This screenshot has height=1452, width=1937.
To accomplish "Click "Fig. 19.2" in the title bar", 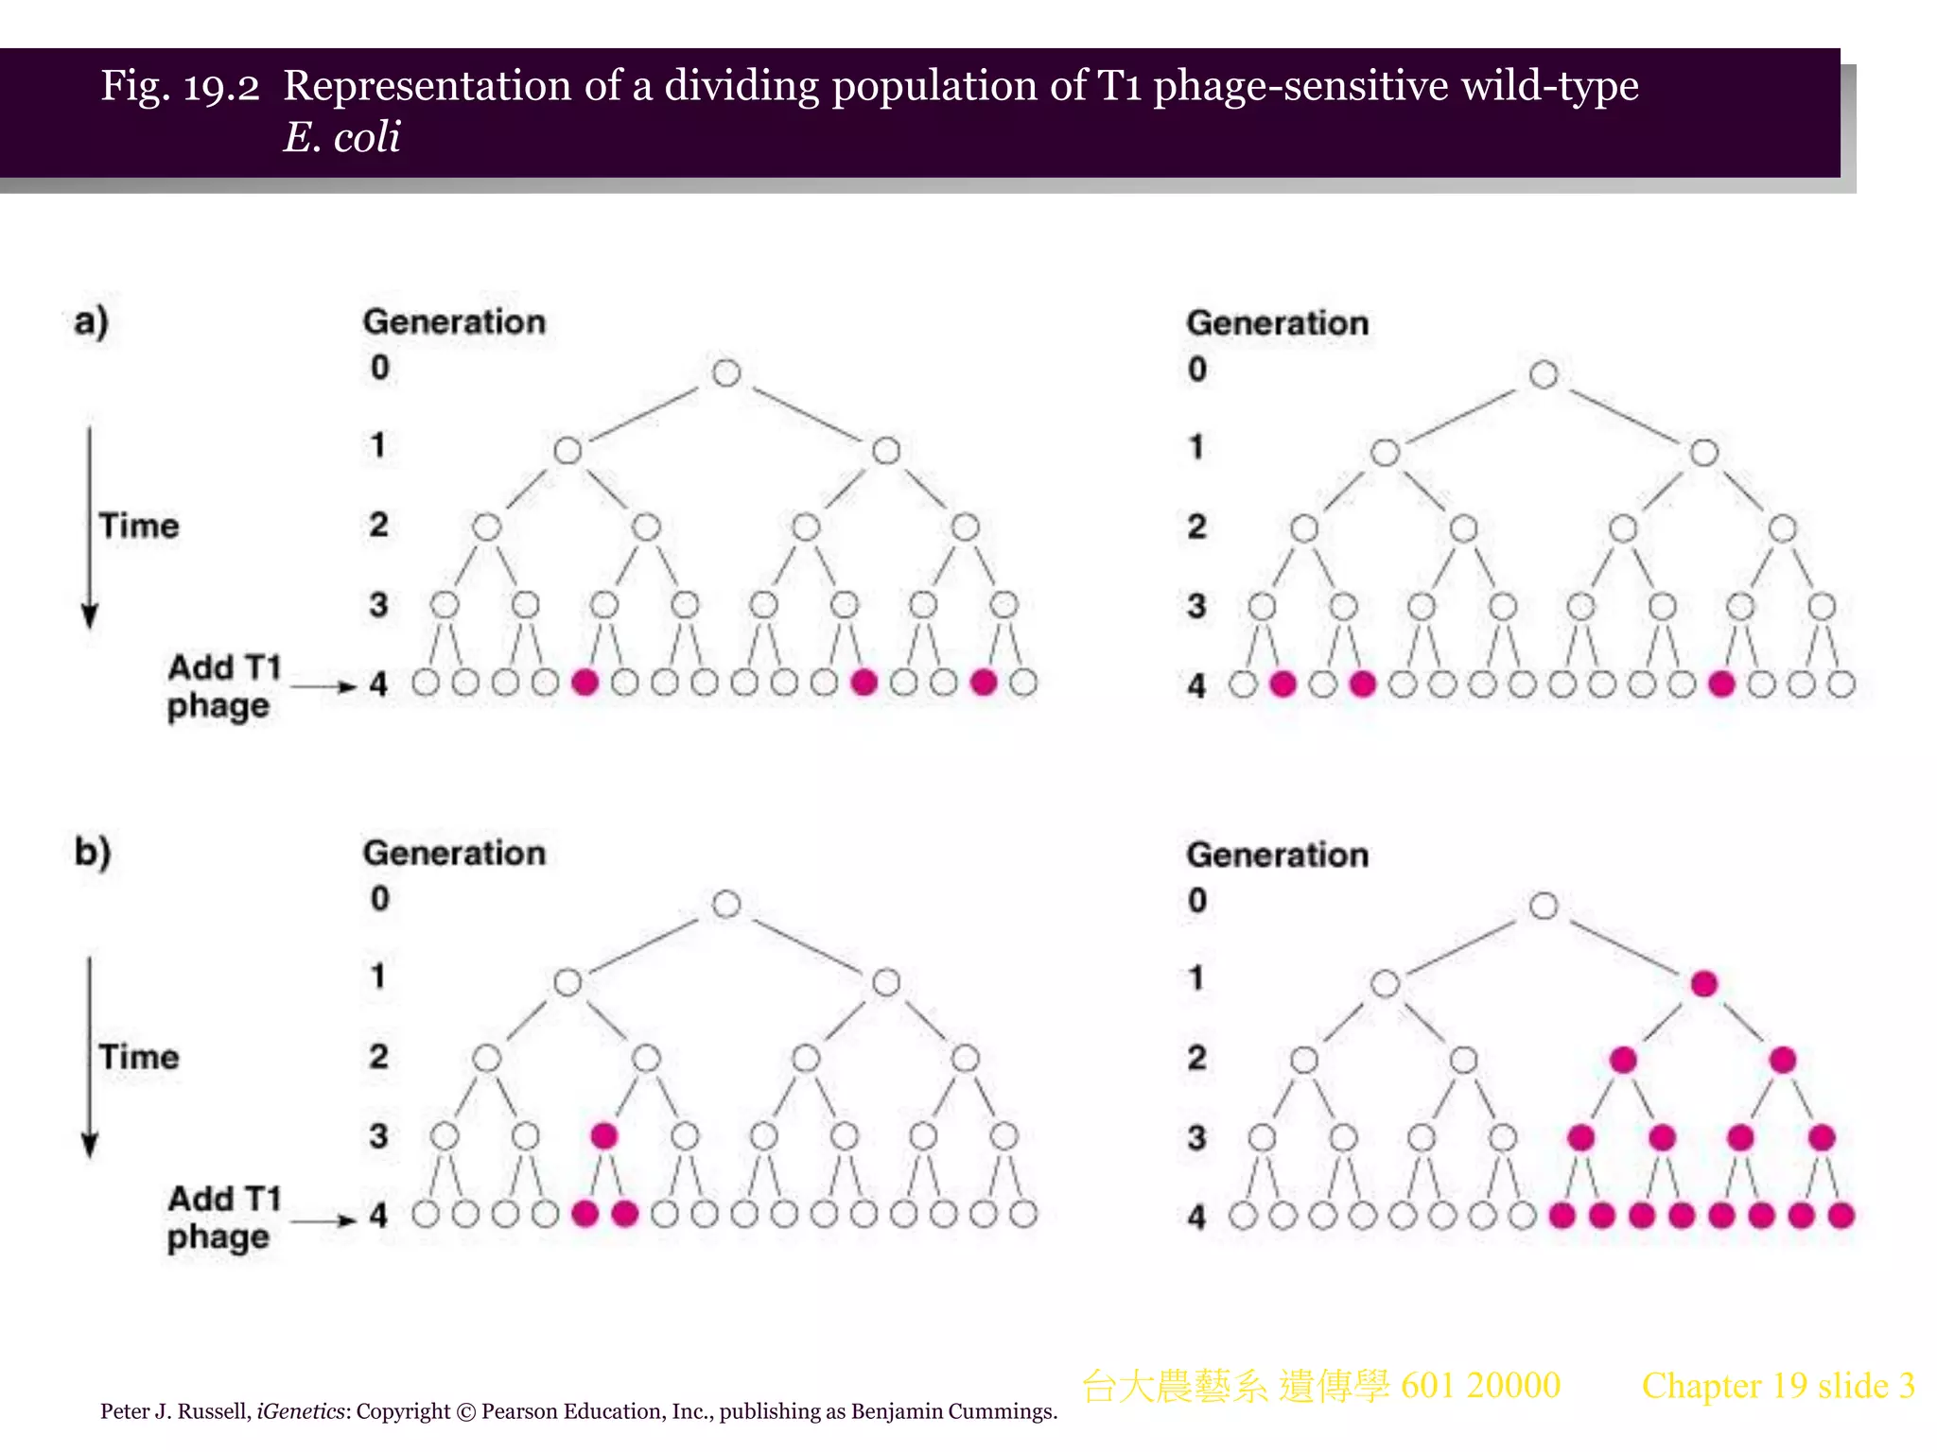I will (x=180, y=86).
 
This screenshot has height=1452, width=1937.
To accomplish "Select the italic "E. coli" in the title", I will (x=341, y=137).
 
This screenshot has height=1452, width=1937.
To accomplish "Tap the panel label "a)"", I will (x=91, y=321).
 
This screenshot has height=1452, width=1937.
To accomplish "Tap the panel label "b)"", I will (x=93, y=852).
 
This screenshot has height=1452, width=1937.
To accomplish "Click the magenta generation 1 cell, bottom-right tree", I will (x=1703, y=984).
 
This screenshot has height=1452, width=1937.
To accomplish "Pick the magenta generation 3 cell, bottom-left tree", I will (x=603, y=1135).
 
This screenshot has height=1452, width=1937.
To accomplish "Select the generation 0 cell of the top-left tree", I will (x=726, y=372).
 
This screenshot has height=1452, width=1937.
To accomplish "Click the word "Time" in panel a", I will (x=139, y=526).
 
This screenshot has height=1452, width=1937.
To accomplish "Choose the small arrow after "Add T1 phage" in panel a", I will (x=323, y=686).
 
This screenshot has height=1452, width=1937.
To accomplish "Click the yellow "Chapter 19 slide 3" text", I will (x=1777, y=1386).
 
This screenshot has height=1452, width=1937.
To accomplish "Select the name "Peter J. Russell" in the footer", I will (x=175, y=1411).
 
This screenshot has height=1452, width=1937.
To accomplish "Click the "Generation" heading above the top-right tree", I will (x=1277, y=323).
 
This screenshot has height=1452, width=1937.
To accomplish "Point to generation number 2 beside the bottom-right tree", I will (x=1196, y=1057).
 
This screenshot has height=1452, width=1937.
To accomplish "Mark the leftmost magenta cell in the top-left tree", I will (x=585, y=683).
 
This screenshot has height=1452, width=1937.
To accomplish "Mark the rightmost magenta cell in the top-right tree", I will (x=1721, y=683).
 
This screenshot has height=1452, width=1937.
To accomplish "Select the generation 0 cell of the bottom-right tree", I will (x=1544, y=906).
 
